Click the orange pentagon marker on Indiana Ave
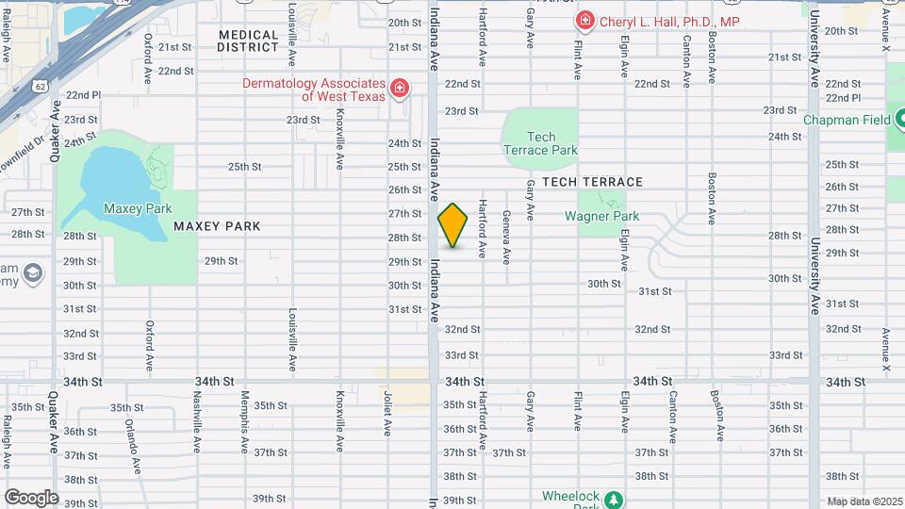point(453,226)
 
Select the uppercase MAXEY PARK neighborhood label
point(216,226)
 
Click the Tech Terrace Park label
point(540,143)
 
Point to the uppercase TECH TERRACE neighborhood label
point(592,182)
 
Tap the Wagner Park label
point(601,216)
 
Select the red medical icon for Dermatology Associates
point(401,89)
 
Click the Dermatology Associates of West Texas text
point(314,90)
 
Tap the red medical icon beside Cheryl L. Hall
point(584,20)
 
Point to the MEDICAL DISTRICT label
point(248,41)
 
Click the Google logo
point(31,497)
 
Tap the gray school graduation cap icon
point(33,274)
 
